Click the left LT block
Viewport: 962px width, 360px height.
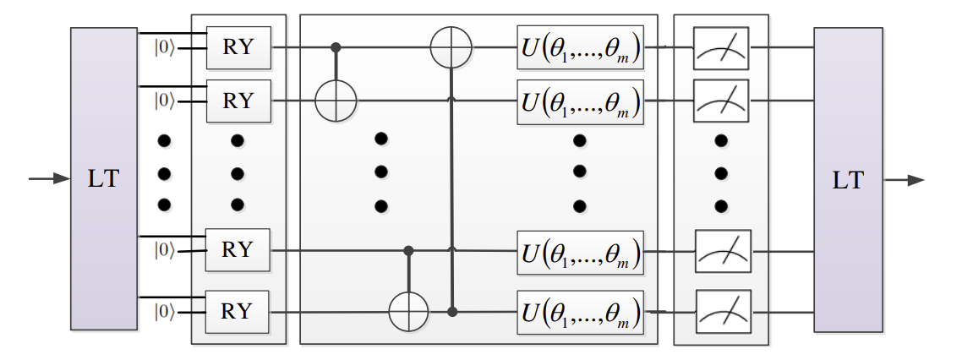[x=104, y=177]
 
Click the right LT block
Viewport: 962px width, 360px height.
[x=848, y=178]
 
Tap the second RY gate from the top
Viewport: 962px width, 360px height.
[x=238, y=101]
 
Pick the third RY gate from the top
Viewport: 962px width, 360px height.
[x=238, y=249]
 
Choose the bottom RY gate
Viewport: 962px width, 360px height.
[x=238, y=311]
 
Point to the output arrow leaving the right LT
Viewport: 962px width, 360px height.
[x=905, y=179]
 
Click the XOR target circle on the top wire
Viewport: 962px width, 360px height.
[x=451, y=47]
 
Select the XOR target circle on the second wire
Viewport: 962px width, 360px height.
[x=336, y=101]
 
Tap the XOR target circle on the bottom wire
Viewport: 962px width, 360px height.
[x=409, y=312]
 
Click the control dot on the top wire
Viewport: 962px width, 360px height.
[x=336, y=47]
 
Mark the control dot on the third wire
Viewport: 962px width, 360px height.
[x=409, y=250]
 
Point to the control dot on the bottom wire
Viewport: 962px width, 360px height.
[x=452, y=312]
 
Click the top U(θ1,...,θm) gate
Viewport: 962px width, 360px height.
[x=580, y=48]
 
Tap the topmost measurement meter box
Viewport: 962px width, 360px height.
[x=721, y=48]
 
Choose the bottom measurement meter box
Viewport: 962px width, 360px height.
[x=721, y=312]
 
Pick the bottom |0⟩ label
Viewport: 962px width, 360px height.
[x=164, y=311]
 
